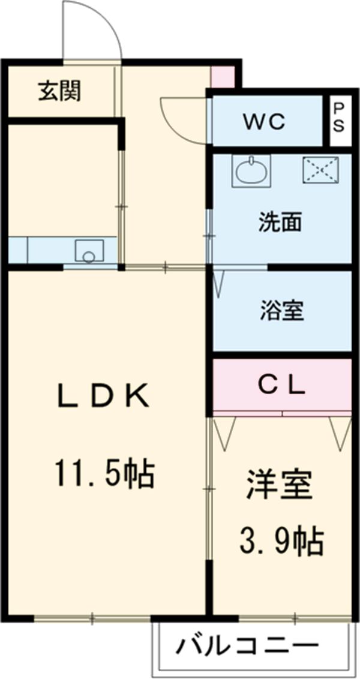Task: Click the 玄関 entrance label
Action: click(60, 92)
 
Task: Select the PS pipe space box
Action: click(339, 119)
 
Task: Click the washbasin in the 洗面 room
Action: click(251, 171)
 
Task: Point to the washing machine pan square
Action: click(320, 170)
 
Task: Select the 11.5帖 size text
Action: click(105, 473)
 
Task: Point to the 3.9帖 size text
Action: click(282, 542)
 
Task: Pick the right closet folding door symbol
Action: click(340, 432)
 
